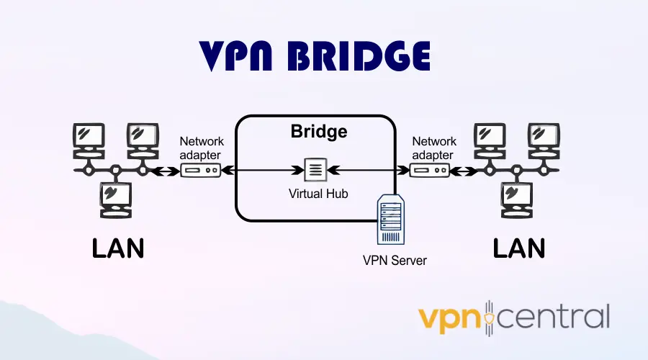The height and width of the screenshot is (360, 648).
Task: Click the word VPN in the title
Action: (241, 56)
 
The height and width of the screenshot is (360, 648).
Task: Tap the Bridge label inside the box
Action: (318, 132)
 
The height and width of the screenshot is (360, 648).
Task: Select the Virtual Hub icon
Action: (315, 171)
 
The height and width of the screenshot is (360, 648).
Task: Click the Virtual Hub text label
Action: (318, 194)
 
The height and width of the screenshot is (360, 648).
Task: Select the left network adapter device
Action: (200, 171)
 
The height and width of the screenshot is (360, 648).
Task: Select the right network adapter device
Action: (430, 171)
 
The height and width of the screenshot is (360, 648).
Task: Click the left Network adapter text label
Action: (202, 148)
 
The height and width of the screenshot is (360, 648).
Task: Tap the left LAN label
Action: (118, 248)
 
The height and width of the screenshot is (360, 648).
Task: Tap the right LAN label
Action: (518, 248)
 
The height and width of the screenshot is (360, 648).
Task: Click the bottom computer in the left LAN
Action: (115, 197)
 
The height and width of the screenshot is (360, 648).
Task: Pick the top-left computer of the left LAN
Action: (88, 138)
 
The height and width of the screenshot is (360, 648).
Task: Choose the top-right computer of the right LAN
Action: (544, 138)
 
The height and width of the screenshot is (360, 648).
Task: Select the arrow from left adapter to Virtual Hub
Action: (263, 171)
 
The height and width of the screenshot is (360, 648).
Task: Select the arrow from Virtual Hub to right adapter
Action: (367, 171)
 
